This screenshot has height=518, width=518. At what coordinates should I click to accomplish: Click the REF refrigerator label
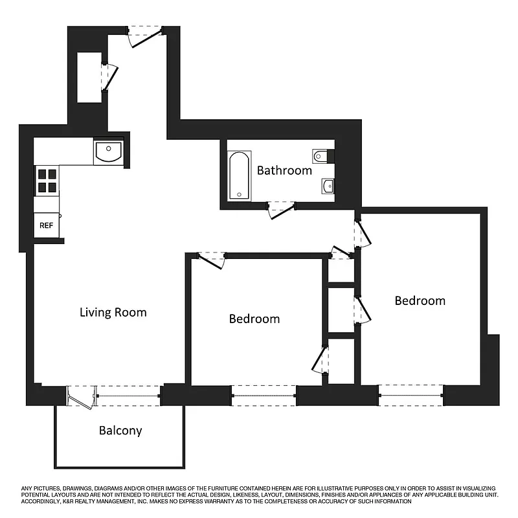pos(46,226)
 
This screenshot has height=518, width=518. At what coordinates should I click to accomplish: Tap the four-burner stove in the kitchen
pos(46,181)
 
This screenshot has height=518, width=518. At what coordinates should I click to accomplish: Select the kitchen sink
pos(107,153)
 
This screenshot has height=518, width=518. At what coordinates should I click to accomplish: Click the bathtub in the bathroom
pos(238,175)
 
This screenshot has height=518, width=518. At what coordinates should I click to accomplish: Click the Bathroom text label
pos(284,171)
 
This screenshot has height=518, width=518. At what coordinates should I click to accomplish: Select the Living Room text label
pos(113,313)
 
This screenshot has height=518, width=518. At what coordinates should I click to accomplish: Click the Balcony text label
pos(120,431)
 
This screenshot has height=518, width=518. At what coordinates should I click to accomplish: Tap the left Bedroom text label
pos(254,319)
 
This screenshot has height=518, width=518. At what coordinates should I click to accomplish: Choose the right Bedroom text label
pos(420,301)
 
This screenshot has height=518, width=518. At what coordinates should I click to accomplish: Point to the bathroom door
pos(280,209)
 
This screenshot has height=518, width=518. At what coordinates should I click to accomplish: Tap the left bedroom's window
pos(264,395)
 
